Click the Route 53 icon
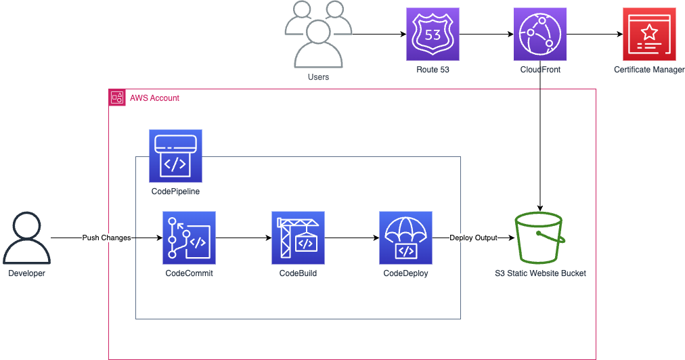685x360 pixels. (433, 34)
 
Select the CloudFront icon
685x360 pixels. (540, 34)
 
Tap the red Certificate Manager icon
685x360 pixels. (649, 34)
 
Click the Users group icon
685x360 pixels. (318, 35)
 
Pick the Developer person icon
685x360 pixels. (26, 238)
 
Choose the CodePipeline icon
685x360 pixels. (175, 156)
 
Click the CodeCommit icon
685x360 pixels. (189, 238)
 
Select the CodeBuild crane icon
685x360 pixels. (298, 238)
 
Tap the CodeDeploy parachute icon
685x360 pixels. (405, 238)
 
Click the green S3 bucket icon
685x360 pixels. (540, 238)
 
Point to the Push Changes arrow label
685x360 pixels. (106, 238)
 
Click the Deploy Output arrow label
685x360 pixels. (474, 238)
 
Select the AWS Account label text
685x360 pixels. (154, 98)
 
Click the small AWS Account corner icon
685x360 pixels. (117, 97)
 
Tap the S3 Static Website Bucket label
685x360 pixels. (540, 273)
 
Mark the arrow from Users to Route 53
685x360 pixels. (379, 34)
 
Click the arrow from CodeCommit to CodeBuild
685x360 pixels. (244, 238)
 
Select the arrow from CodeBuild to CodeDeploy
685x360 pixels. (352, 238)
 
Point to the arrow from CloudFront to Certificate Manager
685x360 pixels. (594, 34)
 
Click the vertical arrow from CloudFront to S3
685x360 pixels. (540, 136)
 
